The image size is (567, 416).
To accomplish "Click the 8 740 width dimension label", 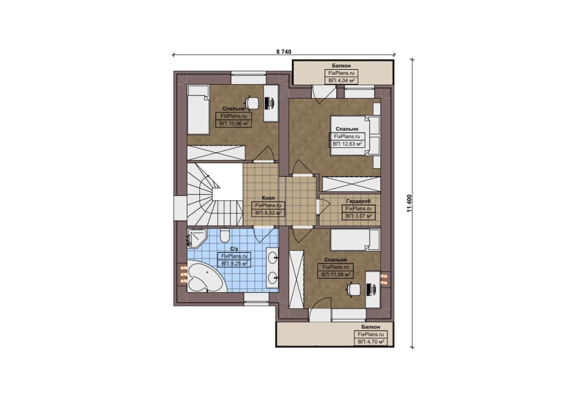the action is click(x=284, y=52).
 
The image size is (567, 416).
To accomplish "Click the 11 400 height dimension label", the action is click(x=409, y=203).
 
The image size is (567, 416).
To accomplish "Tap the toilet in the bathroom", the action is click(x=225, y=236).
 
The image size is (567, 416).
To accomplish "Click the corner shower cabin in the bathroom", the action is click(x=196, y=237).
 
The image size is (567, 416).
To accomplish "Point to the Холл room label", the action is click(x=268, y=198).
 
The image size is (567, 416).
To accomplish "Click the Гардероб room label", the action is click(x=358, y=201).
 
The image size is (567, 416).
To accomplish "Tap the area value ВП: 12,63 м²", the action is click(x=347, y=144).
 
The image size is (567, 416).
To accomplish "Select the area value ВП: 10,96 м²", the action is click(x=233, y=124).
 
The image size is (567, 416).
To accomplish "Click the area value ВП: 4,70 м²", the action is click(x=371, y=342).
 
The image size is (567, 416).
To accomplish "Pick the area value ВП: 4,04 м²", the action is click(x=341, y=81).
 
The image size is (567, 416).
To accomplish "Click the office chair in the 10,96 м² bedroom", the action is click(x=252, y=103).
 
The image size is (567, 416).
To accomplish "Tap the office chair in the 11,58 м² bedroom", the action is click(x=353, y=289).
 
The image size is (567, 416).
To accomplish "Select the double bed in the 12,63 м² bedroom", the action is click(x=355, y=136).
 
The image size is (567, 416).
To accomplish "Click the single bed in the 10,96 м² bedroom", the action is click(x=198, y=109).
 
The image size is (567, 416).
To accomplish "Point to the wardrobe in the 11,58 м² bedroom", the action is click(x=296, y=279).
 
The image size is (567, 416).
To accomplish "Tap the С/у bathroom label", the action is click(x=234, y=249).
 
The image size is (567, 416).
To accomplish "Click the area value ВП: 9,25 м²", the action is click(x=234, y=264).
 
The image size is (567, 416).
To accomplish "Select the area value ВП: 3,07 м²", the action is click(x=359, y=216).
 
